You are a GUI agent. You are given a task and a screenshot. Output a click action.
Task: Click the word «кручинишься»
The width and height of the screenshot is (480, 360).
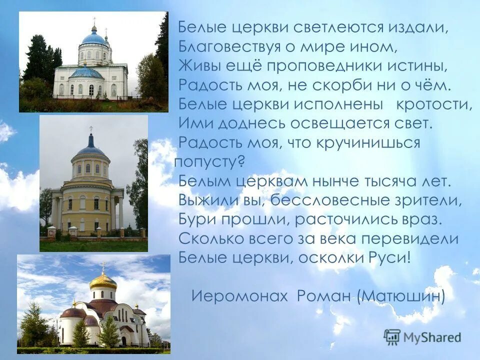(366, 142)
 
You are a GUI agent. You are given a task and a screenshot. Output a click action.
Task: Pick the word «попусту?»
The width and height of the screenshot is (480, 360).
(210, 161)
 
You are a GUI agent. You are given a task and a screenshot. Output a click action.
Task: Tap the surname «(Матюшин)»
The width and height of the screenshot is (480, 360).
(401, 295)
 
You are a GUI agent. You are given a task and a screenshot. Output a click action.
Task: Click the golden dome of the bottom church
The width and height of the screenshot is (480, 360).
(103, 281)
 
